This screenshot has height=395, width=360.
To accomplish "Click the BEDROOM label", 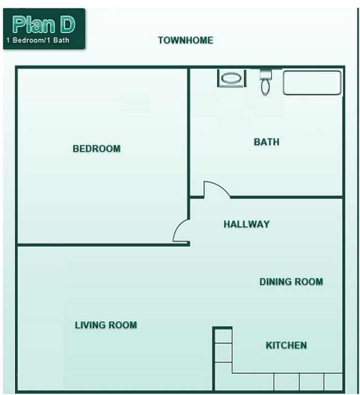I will (96, 148).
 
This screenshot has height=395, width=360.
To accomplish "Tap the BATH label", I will (266, 142).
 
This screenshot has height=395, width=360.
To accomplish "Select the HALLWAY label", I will (246, 224).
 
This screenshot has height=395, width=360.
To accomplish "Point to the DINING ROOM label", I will (291, 281).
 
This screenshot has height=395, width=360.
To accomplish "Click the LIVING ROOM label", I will (106, 325).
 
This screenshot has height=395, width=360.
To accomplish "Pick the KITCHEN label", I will (286, 345).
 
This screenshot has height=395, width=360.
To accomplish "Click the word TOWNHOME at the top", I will (185, 40).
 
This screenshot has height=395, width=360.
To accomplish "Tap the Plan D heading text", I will (44, 24).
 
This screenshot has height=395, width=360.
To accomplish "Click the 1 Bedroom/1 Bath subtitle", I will (38, 40).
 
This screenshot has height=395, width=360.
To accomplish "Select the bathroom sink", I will (231, 78).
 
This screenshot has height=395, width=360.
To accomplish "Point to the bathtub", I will (312, 83).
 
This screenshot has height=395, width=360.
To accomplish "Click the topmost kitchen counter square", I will (223, 335).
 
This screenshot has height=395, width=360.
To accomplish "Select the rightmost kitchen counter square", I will (333, 382).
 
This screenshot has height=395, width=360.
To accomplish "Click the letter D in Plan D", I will (66, 24).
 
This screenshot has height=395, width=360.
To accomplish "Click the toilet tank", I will (266, 74).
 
